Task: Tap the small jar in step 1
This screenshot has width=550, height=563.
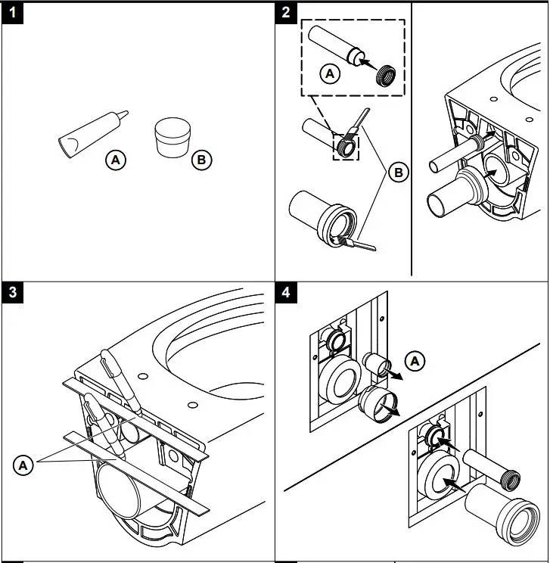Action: pos(172,137)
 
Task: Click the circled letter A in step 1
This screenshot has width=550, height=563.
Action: pos(116,160)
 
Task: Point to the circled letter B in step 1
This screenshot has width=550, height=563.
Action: pos(201,160)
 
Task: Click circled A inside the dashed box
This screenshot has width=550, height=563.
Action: pos(328,73)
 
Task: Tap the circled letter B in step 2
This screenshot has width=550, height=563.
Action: pos(399,173)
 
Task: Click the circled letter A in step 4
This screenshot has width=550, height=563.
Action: pos(415,361)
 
